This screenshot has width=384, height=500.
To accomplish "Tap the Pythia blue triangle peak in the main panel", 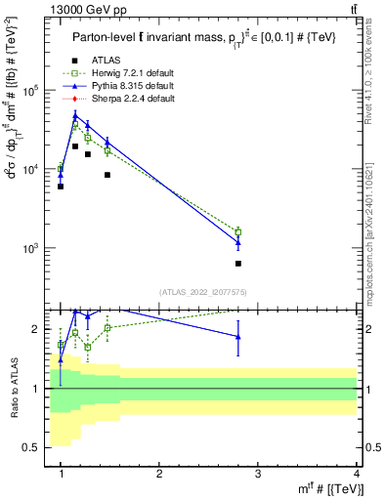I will point(75,116).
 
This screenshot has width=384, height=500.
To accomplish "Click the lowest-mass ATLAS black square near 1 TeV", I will point(61,186).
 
